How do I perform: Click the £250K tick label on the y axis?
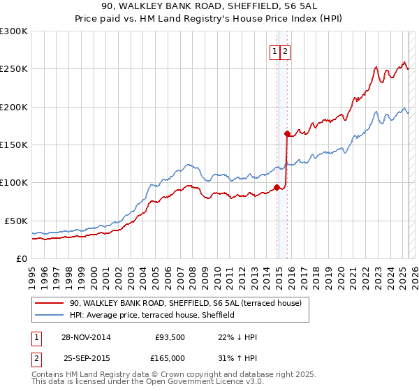tap(14, 69)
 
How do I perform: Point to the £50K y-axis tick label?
tap(17, 221)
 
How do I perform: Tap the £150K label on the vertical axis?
tap(14, 145)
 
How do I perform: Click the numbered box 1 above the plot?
tap(275, 51)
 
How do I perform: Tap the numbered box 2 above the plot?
tap(286, 51)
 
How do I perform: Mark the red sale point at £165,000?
tap(287, 133)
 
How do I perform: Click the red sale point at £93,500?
tap(277, 187)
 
